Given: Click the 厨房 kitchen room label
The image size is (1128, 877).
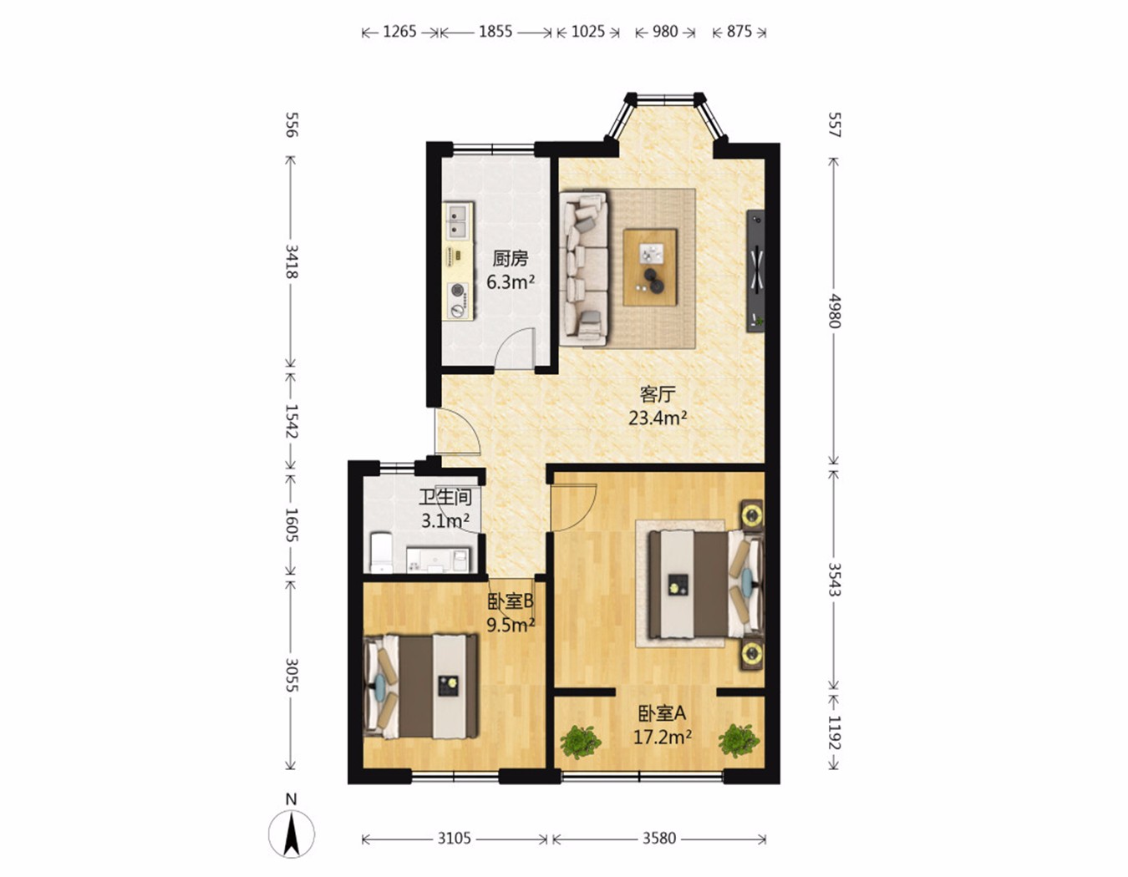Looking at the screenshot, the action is tap(510, 258).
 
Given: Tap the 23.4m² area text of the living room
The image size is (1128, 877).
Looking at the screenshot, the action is tap(658, 418).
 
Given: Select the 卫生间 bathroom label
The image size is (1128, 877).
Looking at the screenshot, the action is tap(445, 497).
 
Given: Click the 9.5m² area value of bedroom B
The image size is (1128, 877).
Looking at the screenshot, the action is tap(511, 626).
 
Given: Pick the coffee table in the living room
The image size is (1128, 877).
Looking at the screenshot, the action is tap(650, 267).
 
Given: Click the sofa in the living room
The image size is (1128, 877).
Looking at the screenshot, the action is tap(583, 269).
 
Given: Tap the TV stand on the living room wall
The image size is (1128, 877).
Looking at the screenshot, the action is tap(755, 271).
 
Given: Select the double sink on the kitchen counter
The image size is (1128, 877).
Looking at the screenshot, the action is tap(95, 221).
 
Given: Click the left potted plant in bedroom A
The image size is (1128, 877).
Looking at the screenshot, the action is tap(581, 741).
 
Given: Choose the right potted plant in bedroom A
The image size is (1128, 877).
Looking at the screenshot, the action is tap(739, 741).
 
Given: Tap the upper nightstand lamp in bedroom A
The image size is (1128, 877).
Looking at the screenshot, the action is tap(751, 515).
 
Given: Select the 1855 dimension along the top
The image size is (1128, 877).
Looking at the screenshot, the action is tap(495, 33).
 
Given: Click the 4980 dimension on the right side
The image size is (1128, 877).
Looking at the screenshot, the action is tap(834, 311).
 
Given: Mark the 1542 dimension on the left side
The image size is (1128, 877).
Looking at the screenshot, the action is tap(292, 421).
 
